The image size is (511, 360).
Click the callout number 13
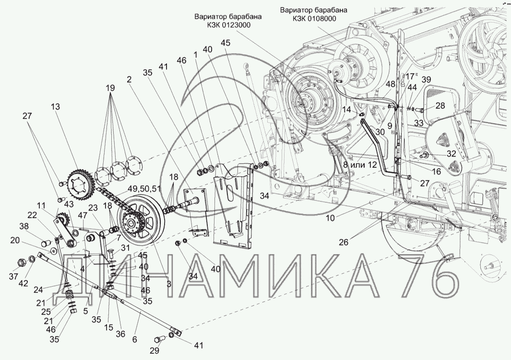pos(56,106)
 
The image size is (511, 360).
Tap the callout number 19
pos(110,88)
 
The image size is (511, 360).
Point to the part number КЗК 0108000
pos(313,19)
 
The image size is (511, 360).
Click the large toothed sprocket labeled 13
pos(80,185)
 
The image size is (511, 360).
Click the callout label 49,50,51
pos(144,188)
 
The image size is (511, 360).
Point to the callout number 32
pos(452,153)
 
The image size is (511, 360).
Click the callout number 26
pos(344,242)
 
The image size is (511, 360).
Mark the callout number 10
pos(330,218)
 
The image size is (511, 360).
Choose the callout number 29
pos(154,350)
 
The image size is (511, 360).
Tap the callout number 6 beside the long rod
pos(135,339)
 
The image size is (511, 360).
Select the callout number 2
pos(130,80)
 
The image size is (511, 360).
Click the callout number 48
pos(391,84)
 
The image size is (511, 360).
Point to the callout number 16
pos(436,172)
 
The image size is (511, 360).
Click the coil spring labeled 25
pos(69,297)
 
